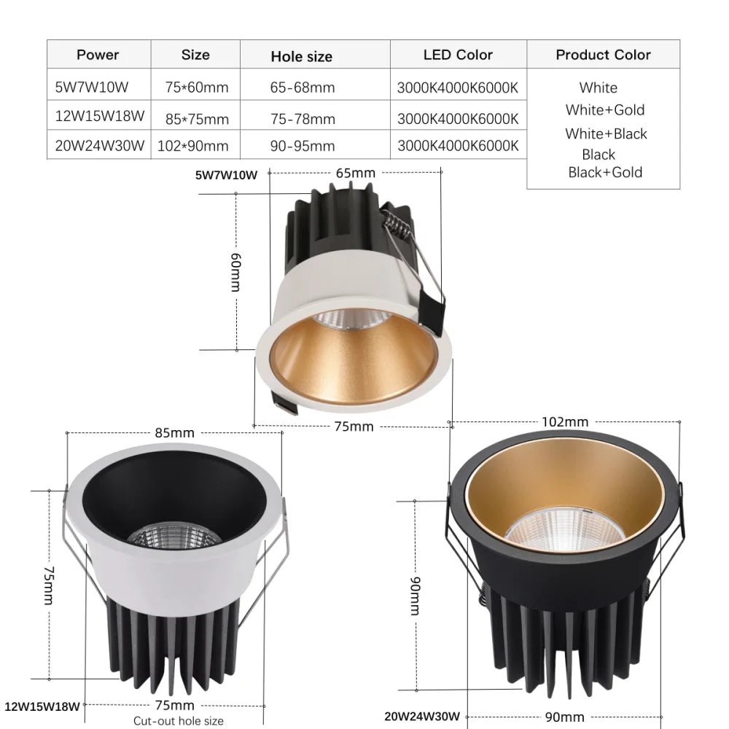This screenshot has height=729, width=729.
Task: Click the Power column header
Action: (x=98, y=55)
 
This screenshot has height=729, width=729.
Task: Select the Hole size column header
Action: (x=301, y=56)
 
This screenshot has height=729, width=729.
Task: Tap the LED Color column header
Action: (x=458, y=55)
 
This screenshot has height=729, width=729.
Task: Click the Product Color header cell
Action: (x=603, y=55)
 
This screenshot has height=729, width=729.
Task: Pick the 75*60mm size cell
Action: (x=197, y=87)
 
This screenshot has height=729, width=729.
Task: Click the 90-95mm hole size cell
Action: (x=303, y=145)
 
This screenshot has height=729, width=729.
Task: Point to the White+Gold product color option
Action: (x=605, y=110)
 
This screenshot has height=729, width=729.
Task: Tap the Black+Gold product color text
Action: (x=605, y=172)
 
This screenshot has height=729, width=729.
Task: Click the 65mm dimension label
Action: (x=355, y=173)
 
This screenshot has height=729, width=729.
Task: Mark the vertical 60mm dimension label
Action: (x=235, y=272)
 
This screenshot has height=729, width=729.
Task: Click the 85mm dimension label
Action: (x=174, y=432)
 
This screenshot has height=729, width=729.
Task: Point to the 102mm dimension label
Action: (x=566, y=422)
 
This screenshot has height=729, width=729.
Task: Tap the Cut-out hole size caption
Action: (x=178, y=721)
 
